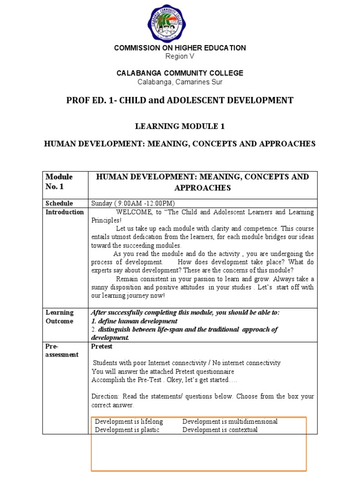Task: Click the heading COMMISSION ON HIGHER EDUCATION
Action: [x=180, y=48]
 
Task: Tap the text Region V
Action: [x=180, y=56]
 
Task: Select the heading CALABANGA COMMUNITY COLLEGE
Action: [x=180, y=73]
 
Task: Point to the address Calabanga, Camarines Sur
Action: [x=180, y=82]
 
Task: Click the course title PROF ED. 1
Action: [x=180, y=100]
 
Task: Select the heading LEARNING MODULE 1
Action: [x=180, y=126]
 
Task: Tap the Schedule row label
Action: [x=59, y=203]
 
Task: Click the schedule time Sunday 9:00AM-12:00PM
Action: [x=133, y=203]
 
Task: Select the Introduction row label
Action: [x=65, y=212]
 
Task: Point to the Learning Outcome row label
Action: [x=60, y=317]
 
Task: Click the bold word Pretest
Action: [x=102, y=346]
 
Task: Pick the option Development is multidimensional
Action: [x=230, y=421]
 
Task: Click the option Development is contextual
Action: [x=220, y=429]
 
